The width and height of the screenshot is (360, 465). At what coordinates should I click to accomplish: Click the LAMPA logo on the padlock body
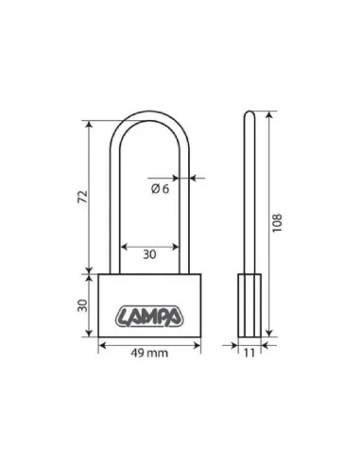click(149, 317)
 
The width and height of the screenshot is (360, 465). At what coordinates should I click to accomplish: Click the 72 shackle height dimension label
click(82, 197)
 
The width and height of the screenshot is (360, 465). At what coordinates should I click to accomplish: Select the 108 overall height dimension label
click(277, 223)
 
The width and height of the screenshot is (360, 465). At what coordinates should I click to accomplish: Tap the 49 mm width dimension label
click(149, 353)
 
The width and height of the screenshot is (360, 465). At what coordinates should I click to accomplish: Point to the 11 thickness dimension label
click(249, 353)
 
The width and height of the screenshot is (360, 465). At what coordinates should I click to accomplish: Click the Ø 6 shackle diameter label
click(161, 189)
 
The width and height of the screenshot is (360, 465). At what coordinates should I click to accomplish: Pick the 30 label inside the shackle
click(149, 254)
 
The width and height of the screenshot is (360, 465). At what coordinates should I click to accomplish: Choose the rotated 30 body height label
click(82, 305)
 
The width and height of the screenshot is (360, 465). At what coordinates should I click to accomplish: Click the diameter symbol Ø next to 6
click(155, 189)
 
